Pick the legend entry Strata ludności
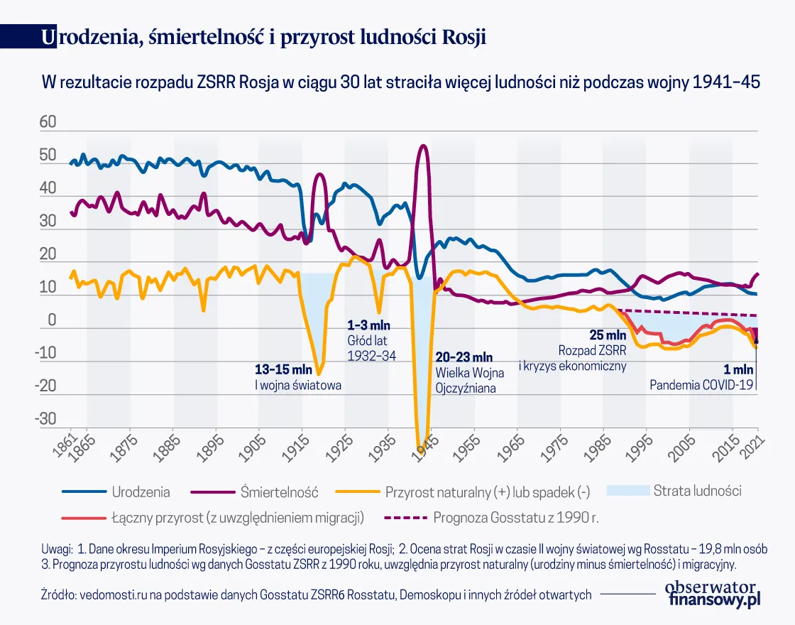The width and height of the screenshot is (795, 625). coord(697,490)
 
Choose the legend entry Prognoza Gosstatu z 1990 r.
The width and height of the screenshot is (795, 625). coord(516,518)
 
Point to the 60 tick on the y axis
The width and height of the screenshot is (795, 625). coord(47,123)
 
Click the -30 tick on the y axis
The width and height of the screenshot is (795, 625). coord(45,418)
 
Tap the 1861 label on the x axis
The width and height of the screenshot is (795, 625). coord(66,447)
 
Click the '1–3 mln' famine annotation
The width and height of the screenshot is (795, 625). coord(369,326)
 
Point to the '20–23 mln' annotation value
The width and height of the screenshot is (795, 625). coord(464,357)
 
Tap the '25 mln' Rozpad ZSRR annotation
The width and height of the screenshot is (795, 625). coord(608,335)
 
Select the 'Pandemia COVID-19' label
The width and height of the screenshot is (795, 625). coord(701,386)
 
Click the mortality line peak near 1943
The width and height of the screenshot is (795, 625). coord(423,146)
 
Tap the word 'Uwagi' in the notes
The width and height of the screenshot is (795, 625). coord(57,549)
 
